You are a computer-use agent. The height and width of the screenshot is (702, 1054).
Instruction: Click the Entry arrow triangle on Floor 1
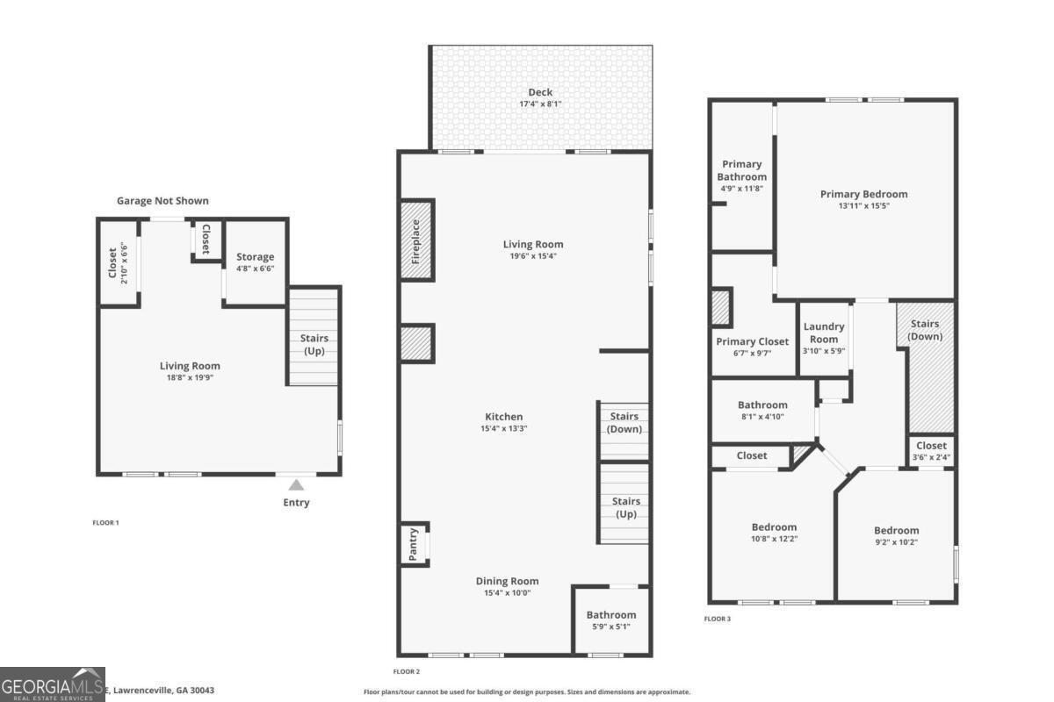pos(297,484)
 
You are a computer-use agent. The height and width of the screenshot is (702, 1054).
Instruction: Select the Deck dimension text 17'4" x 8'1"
pos(540,104)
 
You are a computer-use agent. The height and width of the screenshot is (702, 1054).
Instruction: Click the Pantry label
pos(413,544)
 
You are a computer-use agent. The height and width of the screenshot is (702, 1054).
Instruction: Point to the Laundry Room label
pos(823,333)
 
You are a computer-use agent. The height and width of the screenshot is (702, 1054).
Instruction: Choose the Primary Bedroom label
pos(863,194)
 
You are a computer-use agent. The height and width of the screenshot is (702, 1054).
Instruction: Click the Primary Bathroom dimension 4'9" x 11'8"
pos(742,189)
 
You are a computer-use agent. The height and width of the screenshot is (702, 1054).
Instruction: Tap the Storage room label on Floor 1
pos(255,257)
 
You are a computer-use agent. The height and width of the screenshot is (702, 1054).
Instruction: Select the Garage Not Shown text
pos(162,201)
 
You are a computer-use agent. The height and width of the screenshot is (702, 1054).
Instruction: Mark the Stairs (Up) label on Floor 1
pos(314,344)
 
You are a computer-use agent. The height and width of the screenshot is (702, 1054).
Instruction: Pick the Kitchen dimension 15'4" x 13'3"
pos(504,429)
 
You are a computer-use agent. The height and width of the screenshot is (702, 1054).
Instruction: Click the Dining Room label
pos(507,581)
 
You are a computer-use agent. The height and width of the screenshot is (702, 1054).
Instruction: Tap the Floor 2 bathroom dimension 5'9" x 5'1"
pos(610,627)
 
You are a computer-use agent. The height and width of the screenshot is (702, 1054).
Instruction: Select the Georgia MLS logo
pos(53,684)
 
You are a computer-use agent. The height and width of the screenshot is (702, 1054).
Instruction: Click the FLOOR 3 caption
pos(717,619)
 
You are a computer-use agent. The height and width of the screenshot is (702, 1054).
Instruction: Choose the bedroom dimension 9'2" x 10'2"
pos(896,542)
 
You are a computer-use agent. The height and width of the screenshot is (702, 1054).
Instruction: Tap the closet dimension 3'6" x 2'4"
pos(931,456)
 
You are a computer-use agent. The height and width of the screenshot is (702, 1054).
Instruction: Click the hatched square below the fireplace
pos(416,342)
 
